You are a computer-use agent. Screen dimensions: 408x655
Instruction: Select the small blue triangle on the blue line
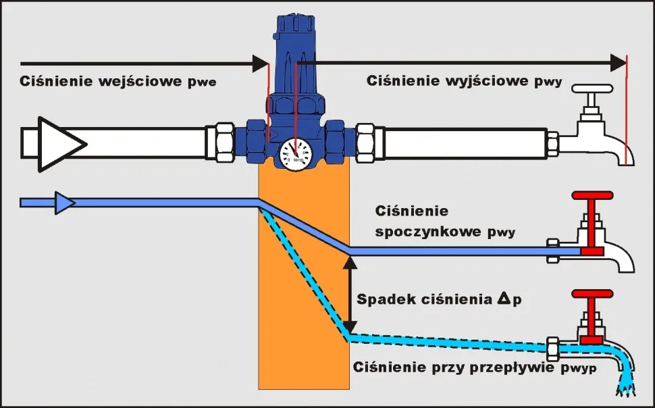click(x=65, y=202)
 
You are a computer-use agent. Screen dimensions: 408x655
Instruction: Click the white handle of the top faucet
click(x=592, y=89)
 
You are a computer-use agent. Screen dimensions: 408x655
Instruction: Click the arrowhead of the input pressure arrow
click(x=260, y=63)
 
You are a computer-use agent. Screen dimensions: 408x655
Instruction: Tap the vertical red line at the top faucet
click(x=627, y=111)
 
